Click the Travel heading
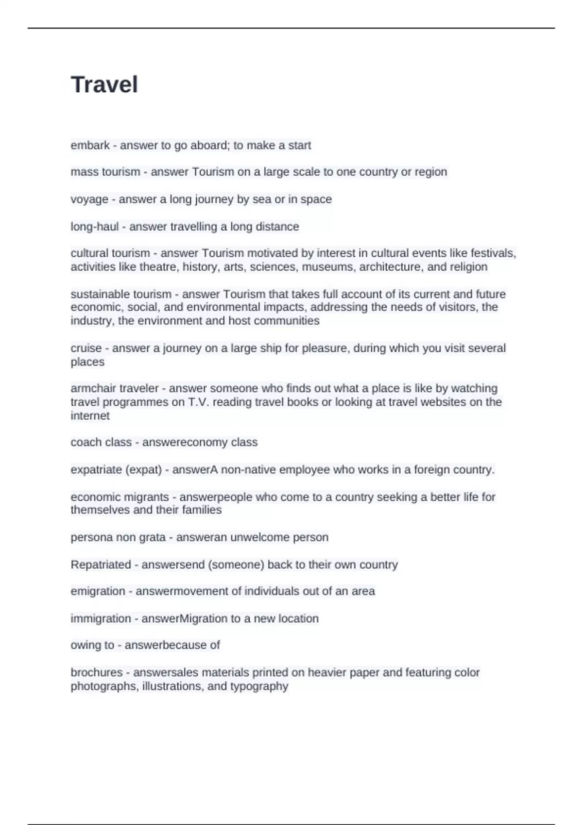(x=104, y=84)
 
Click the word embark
(x=90, y=145)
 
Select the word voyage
(x=89, y=199)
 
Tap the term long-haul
(x=94, y=227)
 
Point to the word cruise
(x=86, y=348)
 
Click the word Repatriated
(x=101, y=564)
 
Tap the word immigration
(x=101, y=618)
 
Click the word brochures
(x=96, y=673)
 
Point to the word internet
(x=90, y=415)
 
